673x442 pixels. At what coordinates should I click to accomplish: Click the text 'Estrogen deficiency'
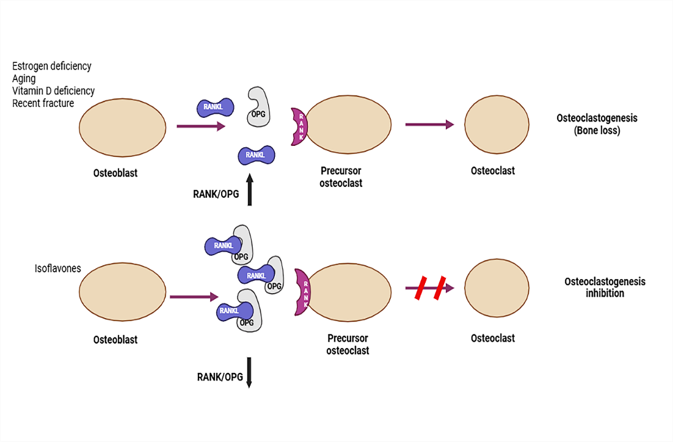click(x=52, y=66)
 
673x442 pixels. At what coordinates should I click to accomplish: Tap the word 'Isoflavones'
click(x=58, y=268)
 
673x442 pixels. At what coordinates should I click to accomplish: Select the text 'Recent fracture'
click(x=43, y=103)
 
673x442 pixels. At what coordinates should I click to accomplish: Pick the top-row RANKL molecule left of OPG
click(x=215, y=107)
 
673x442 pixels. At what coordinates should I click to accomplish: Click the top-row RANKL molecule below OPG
click(x=256, y=156)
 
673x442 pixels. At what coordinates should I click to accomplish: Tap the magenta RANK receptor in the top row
click(x=300, y=126)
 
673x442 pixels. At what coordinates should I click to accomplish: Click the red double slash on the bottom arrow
click(x=430, y=288)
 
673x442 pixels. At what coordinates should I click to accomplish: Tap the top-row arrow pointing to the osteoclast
click(x=429, y=125)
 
